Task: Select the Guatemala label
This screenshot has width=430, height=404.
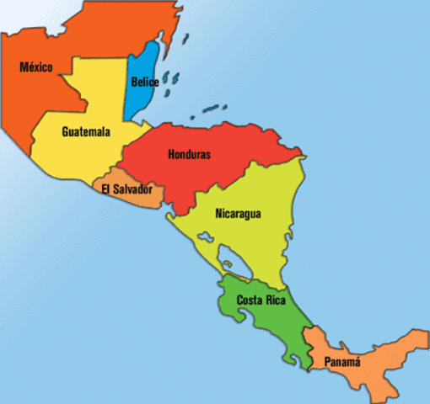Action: tap(86, 131)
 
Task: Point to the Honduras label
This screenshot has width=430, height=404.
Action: tap(189, 155)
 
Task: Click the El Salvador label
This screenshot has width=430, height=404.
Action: tap(126, 189)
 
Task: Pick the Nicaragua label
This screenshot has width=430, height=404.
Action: tap(238, 214)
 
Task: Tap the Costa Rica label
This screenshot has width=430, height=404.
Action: tap(261, 300)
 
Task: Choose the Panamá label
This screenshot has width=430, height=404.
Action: tap(341, 362)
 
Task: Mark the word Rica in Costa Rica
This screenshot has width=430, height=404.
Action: tap(274, 300)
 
